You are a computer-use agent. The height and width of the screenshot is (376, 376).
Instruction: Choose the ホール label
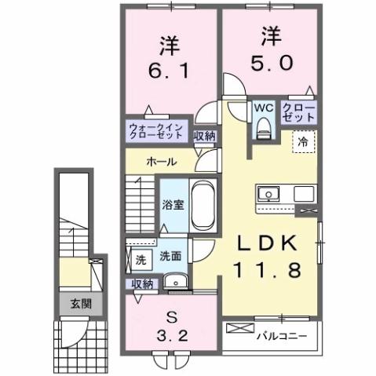160,162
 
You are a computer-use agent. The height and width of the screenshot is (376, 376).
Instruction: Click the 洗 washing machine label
140,256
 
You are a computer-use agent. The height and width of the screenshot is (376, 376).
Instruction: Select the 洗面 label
171,256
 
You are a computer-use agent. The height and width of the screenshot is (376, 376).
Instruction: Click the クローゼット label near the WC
298,111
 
